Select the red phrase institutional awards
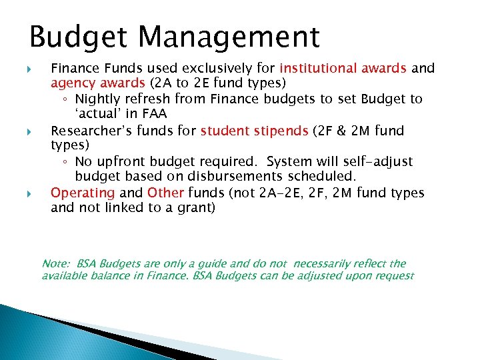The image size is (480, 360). pos(343,68)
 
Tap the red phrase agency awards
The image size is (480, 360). pos(98,83)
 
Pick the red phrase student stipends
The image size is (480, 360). pos(254,130)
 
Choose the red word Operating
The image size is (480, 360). pos(83,193)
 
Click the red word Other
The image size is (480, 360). pos(165,193)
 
